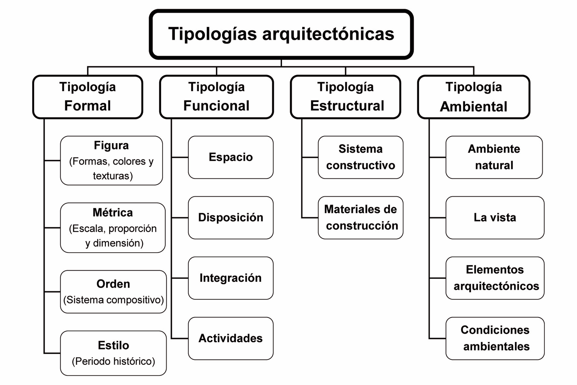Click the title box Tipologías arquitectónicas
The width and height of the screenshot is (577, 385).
[x=281, y=34]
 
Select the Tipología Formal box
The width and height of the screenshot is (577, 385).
[x=88, y=97]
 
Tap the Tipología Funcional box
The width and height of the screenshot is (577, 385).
[x=217, y=97]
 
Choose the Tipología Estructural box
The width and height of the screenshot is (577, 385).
[x=345, y=97]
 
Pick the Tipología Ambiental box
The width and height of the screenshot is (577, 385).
[x=474, y=97]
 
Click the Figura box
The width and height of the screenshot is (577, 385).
[x=111, y=161]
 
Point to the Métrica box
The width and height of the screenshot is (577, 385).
[x=113, y=228]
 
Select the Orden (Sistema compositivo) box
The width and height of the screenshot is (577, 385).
[x=113, y=292]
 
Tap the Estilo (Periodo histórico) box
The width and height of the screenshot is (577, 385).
[x=113, y=353]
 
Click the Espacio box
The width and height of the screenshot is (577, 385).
[x=231, y=157]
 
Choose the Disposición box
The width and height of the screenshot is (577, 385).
[x=231, y=218]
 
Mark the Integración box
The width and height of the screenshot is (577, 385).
[x=231, y=278]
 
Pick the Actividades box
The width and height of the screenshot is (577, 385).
[x=231, y=338]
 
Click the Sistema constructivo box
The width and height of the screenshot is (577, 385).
[x=360, y=157]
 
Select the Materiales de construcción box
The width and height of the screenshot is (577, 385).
[x=360, y=218]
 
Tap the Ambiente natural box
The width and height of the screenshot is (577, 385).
[x=494, y=157]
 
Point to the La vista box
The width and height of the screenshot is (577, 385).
[x=495, y=218]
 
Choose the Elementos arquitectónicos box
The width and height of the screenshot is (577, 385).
[x=495, y=278]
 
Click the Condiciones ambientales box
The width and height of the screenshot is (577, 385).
[x=495, y=338]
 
